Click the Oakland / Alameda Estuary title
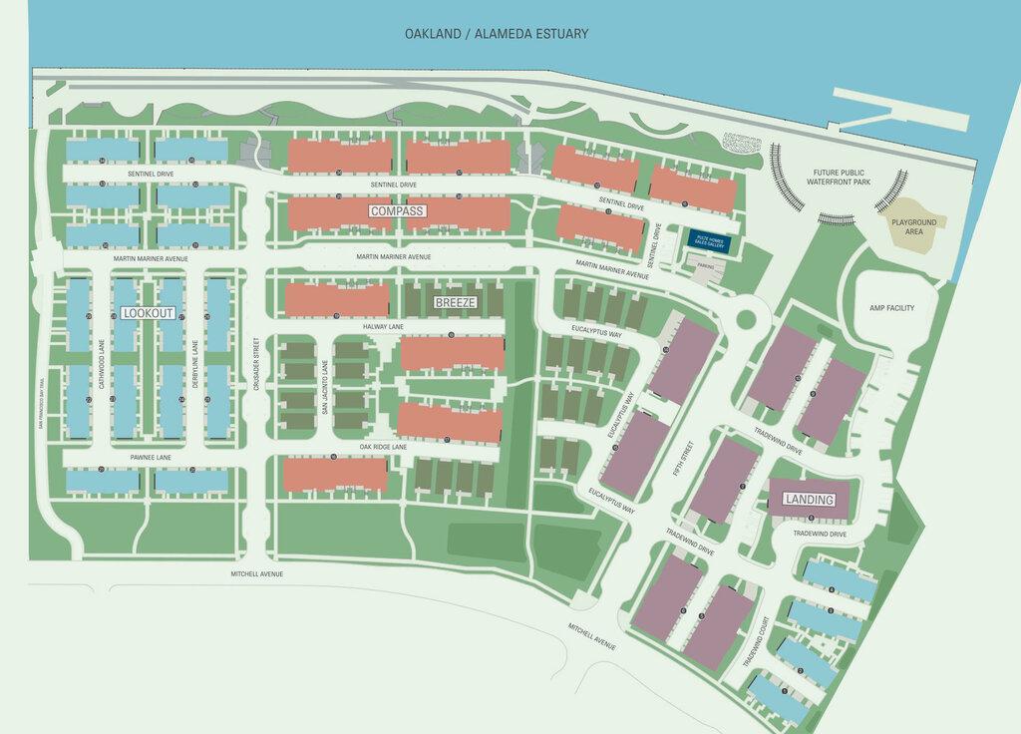point(496,34)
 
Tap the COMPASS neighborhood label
point(398,211)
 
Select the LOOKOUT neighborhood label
point(149,313)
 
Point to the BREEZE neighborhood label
point(455,301)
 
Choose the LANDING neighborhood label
point(808,499)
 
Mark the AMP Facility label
point(891,309)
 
